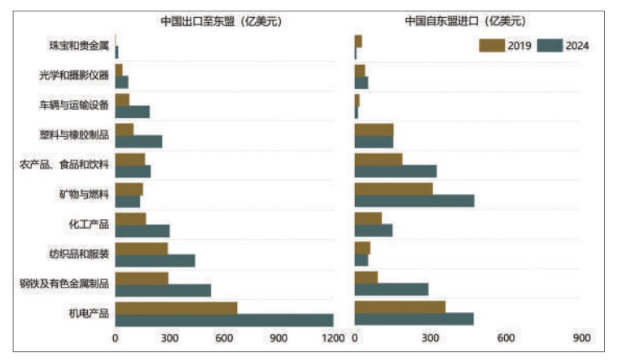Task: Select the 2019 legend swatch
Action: point(491,46)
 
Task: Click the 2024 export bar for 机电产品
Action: point(224,320)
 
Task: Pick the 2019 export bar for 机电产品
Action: point(176,308)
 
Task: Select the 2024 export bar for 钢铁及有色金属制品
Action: point(163,290)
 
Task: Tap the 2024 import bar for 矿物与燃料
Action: point(414,200)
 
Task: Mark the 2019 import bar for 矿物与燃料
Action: point(393,189)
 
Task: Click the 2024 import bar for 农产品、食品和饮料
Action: point(396,171)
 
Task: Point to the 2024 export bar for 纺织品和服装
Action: point(155,260)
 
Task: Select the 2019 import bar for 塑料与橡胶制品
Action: point(374,130)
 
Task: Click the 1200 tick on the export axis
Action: point(334,338)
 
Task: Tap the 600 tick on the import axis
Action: point(506,338)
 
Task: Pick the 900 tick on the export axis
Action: point(279,338)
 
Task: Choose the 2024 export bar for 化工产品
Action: point(142,230)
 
